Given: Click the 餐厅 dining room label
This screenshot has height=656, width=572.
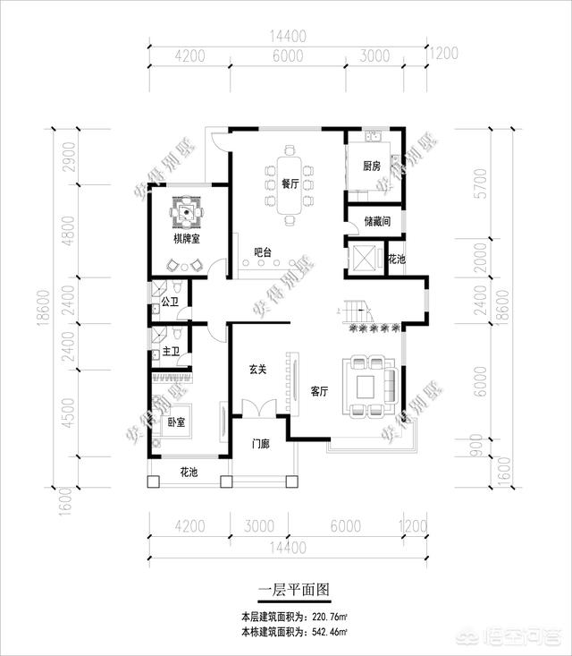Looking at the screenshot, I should click(289, 183).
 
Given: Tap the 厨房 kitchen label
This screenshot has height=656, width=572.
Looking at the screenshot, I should click(372, 166).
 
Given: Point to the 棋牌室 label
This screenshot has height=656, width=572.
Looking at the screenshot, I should click(188, 240).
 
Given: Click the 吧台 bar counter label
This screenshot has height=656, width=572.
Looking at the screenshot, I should click(263, 252).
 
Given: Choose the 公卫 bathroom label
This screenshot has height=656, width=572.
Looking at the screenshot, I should click(171, 303).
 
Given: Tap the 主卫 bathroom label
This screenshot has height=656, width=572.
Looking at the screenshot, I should click(171, 352).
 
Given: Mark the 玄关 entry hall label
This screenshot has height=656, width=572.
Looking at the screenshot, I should click(257, 370).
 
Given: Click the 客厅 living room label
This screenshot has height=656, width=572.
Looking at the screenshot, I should click(320, 391).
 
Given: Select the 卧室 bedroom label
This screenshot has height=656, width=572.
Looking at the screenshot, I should click(176, 422).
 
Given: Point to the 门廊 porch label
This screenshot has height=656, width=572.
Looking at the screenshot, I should click(261, 443).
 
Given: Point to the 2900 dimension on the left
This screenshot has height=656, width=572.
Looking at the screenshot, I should click(69, 158).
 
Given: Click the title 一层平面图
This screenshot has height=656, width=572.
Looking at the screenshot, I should click(295, 591).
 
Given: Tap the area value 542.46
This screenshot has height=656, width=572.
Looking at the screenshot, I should click(325, 632).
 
